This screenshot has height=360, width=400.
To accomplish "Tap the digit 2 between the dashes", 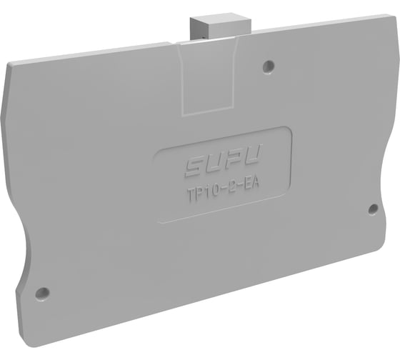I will tap(230, 191).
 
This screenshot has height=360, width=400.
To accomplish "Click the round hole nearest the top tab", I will tap(268, 66).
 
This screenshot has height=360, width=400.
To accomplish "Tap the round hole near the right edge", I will tap(372, 209).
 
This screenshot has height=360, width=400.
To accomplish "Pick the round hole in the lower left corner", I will tap(42, 293).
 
